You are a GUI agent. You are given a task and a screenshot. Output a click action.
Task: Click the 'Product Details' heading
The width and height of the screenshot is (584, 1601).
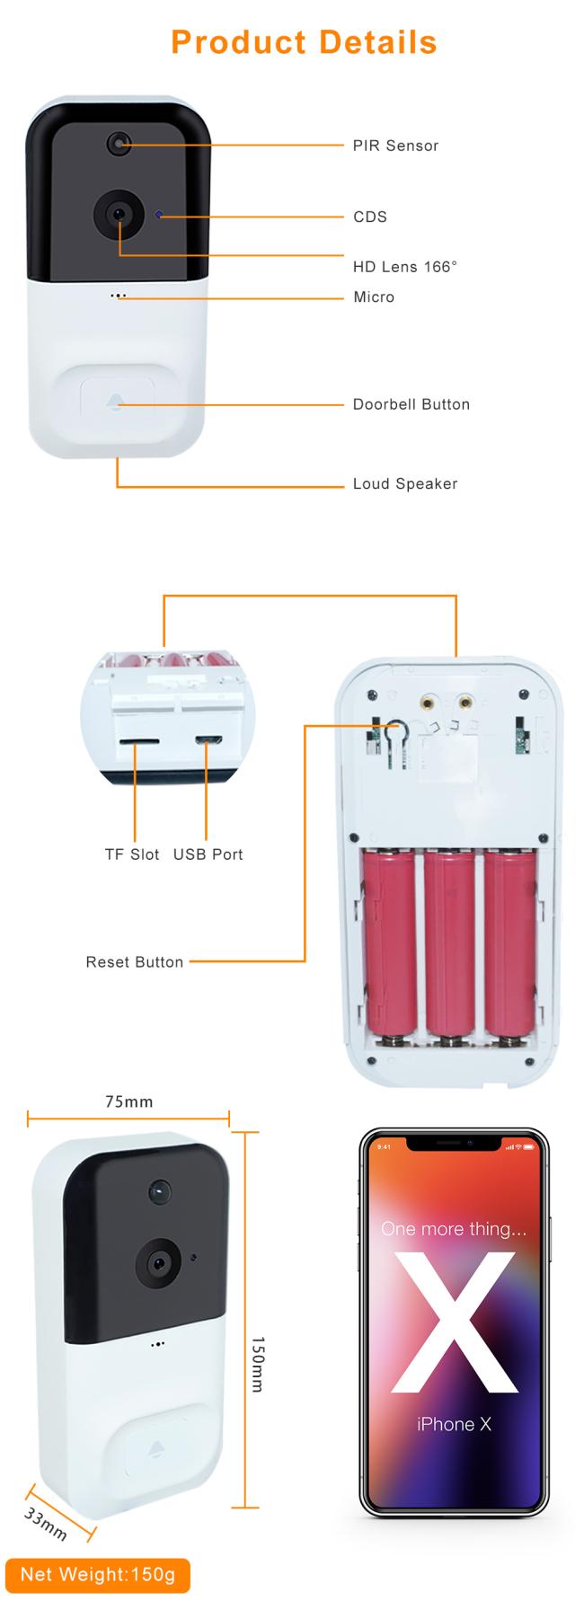[x=304, y=42]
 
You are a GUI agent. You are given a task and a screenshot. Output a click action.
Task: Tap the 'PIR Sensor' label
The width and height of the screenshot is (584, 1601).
[x=395, y=146]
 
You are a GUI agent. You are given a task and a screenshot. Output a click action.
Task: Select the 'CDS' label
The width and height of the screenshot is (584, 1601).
[x=370, y=217]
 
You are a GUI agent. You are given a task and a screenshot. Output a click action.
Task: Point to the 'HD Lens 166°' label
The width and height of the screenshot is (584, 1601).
[x=405, y=266]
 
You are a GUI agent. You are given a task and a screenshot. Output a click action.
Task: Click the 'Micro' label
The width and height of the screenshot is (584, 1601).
[x=374, y=296]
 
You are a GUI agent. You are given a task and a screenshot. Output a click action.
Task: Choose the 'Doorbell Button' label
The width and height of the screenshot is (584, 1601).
[x=411, y=404]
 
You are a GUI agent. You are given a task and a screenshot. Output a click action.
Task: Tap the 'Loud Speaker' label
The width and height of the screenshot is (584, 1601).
[x=405, y=483]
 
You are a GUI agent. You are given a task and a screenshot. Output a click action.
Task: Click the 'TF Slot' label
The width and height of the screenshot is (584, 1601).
[x=132, y=854]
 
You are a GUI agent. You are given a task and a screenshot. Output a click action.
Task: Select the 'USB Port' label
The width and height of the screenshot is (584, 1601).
[x=208, y=854]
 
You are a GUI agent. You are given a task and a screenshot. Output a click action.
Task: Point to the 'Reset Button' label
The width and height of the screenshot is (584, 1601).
[x=135, y=962]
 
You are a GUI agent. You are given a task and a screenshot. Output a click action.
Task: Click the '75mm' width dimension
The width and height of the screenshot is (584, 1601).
[x=129, y=1101]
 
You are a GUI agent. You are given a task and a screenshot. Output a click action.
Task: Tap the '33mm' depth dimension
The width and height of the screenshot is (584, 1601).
[x=46, y=1524]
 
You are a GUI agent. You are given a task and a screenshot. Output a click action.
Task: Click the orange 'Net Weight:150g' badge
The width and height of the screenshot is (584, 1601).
[x=98, y=1575]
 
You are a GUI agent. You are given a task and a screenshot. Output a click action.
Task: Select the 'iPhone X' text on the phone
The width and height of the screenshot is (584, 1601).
[x=454, y=1423]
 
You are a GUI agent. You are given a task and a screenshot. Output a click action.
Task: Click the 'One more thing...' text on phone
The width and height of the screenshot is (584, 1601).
[x=454, y=1228]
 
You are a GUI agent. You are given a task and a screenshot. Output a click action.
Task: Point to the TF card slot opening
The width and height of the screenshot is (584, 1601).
[x=139, y=742]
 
